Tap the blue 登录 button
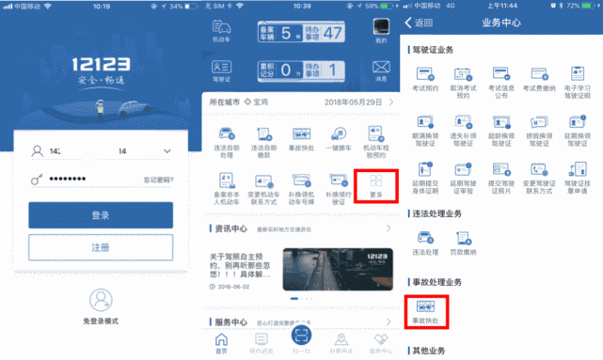[100, 215]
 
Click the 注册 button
[100, 247]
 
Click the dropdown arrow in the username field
[167, 150]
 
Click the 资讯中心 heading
[230, 227]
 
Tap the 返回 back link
[420, 22]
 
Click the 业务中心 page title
[500, 22]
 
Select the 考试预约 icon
[426, 77]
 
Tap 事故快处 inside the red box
[426, 311]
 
